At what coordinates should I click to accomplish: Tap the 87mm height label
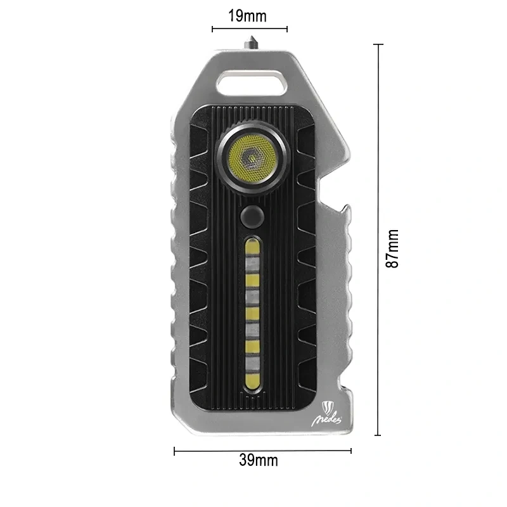(394, 248)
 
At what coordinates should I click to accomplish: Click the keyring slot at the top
(252, 83)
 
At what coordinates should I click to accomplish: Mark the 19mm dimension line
(250, 29)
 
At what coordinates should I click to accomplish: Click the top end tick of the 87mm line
(378, 44)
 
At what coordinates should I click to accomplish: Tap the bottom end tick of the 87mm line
(378, 435)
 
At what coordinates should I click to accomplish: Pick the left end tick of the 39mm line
(174, 451)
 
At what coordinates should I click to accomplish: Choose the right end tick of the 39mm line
(351, 451)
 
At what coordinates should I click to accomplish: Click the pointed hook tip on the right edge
(350, 153)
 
